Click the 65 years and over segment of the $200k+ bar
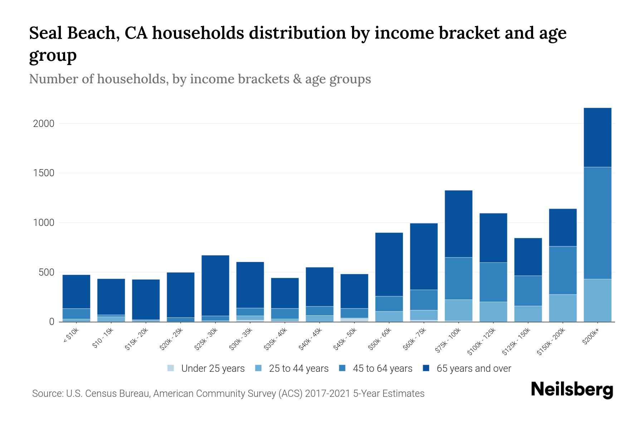pyautogui.click(x=597, y=137)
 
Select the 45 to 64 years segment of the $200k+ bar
pyautogui.click(x=597, y=223)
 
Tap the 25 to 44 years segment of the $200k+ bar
pyautogui.click(x=597, y=300)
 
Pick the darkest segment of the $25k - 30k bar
pyautogui.click(x=215, y=285)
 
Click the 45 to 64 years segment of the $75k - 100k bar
pyautogui.click(x=458, y=278)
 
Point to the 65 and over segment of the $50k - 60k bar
pyautogui.click(x=389, y=264)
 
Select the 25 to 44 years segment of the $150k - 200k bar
pyautogui.click(x=562, y=308)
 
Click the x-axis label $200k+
pyautogui.click(x=591, y=337)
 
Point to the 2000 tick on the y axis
pyautogui.click(x=44, y=124)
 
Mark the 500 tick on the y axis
pyautogui.click(x=46, y=272)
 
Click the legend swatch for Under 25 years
pyautogui.click(x=171, y=368)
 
